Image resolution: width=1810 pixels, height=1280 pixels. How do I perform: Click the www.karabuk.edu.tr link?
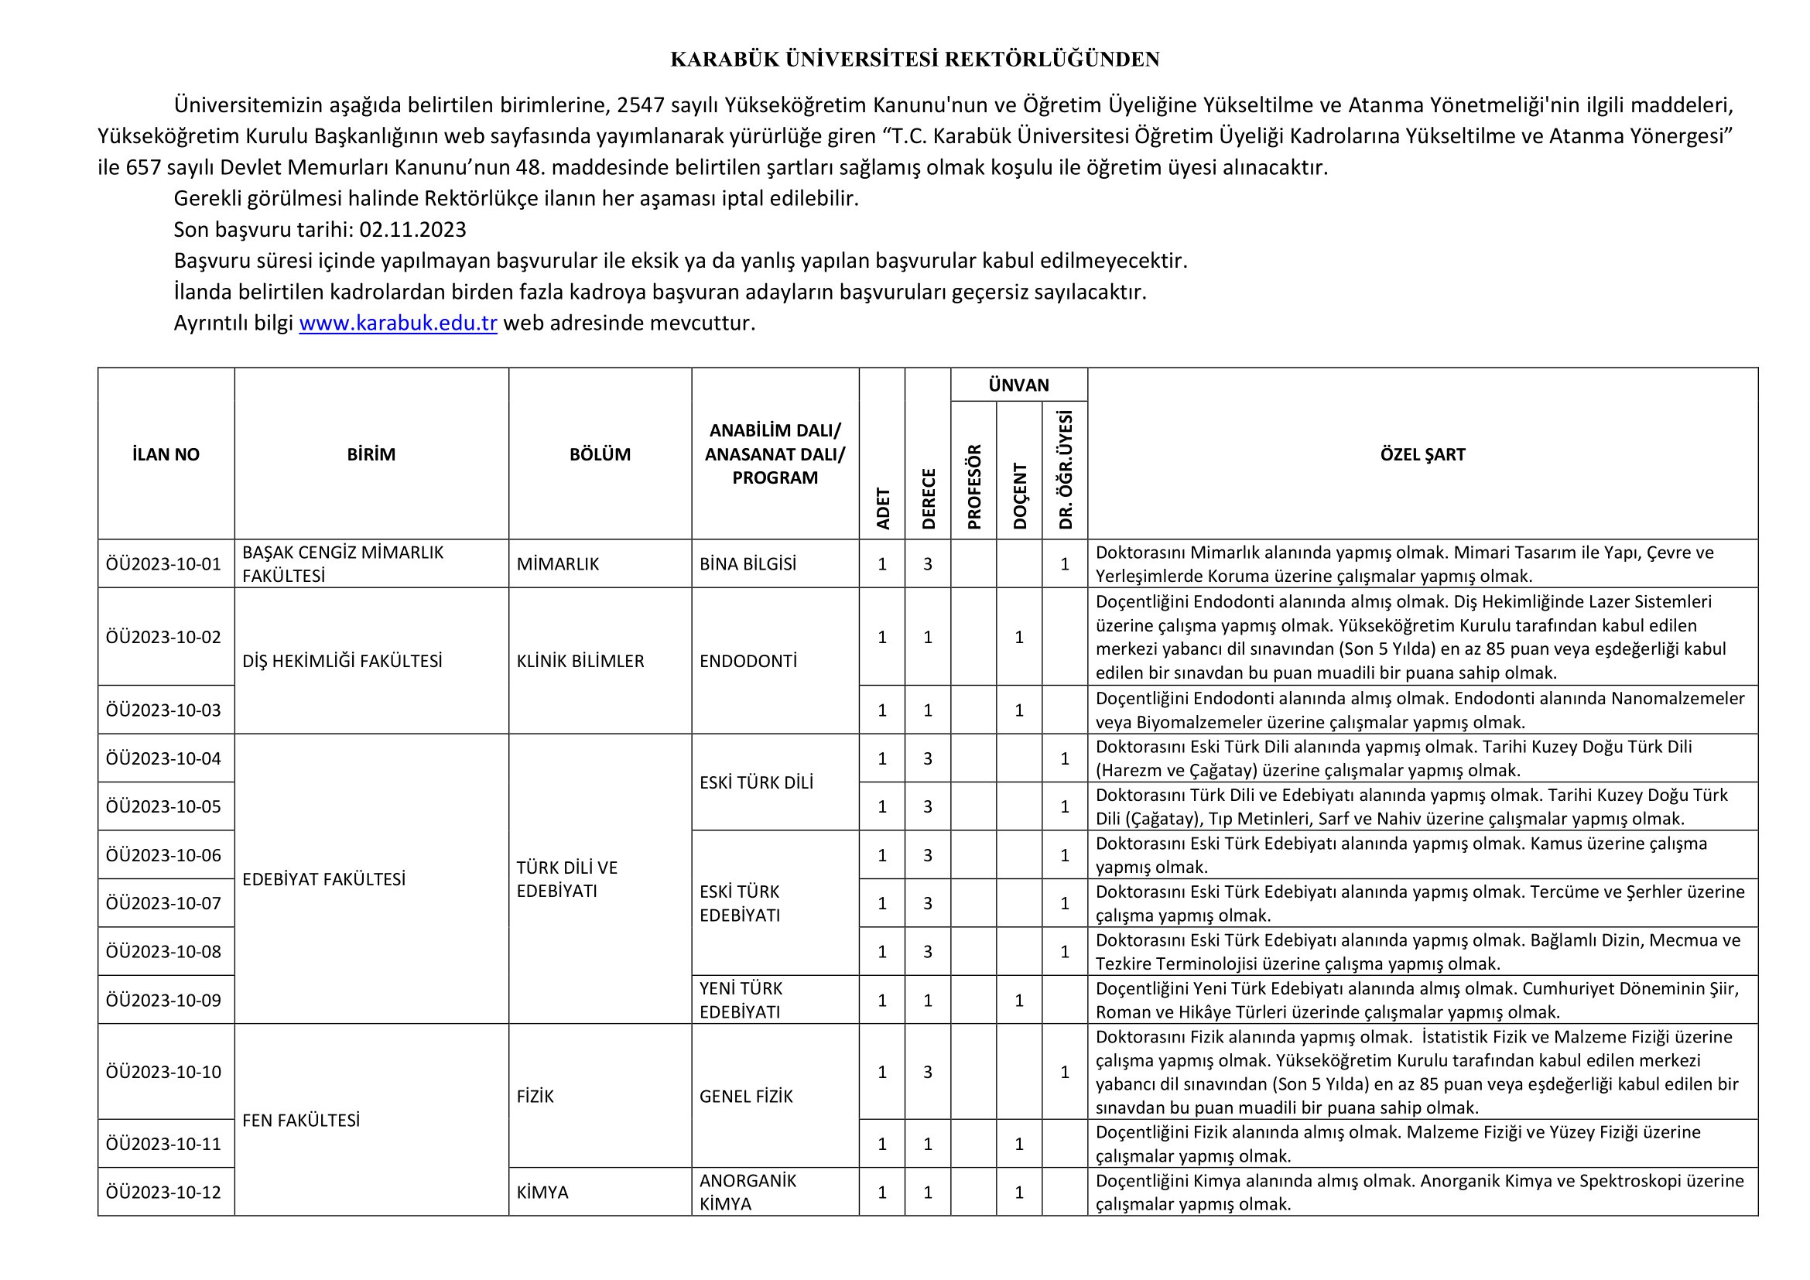tap(397, 323)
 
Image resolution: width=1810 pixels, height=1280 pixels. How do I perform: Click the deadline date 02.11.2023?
tap(412, 229)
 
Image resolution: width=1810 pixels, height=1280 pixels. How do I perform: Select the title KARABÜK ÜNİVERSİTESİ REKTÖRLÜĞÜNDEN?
tap(915, 60)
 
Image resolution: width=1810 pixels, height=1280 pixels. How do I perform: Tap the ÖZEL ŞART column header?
tap(1422, 454)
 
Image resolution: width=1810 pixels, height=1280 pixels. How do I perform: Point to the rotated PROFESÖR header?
tap(974, 486)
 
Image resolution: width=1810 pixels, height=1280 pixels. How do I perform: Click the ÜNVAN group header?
tap(1018, 385)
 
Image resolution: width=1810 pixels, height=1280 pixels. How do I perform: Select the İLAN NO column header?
tap(166, 454)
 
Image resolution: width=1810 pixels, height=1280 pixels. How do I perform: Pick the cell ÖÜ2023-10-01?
tap(164, 564)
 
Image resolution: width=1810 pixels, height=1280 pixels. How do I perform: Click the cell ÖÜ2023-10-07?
tap(164, 903)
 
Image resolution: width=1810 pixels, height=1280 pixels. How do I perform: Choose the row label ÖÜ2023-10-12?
tap(164, 1193)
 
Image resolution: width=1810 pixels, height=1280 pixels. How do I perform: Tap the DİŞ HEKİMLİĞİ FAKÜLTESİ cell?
tap(342, 661)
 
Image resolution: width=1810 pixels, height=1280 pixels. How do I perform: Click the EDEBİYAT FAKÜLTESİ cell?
tap(324, 880)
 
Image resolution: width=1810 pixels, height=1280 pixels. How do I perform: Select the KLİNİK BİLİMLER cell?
tap(580, 661)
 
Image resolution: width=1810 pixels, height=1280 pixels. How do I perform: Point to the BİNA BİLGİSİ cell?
tap(748, 564)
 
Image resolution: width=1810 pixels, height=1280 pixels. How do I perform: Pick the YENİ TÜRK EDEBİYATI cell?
tap(741, 1000)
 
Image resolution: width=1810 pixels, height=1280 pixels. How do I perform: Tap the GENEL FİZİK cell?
tap(746, 1097)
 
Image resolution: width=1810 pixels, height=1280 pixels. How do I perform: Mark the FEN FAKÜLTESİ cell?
tap(301, 1121)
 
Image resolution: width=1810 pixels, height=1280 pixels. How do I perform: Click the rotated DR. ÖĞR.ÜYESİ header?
tap(1066, 470)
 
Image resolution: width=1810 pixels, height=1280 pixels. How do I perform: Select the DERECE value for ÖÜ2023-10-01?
tap(928, 564)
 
